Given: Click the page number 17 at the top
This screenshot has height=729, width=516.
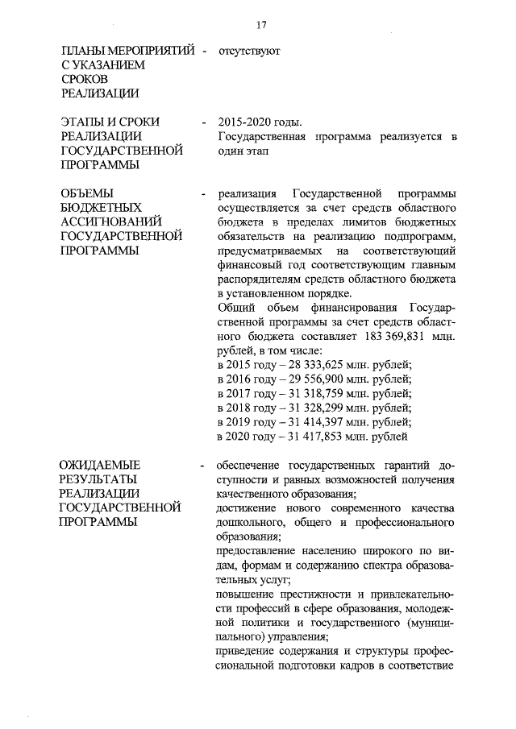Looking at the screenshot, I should pos(260,24).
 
